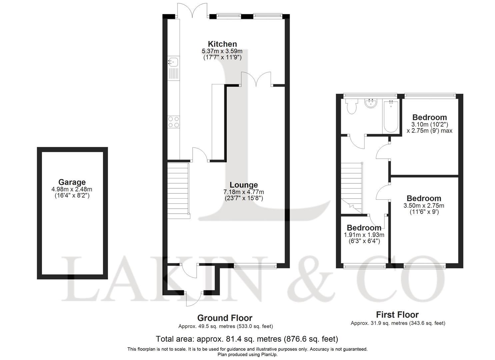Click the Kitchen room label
tap(222, 44)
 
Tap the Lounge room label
tap(244, 185)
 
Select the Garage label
tap(72, 182)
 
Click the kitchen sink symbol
tap(173, 62)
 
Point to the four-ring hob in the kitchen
tap(173, 122)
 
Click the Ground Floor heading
tap(225, 318)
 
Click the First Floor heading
tap(397, 315)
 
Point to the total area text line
tap(247, 339)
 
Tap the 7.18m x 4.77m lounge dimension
tap(244, 192)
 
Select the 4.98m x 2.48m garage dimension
tap(72, 189)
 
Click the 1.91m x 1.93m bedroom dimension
tap(364, 235)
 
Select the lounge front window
tap(255, 266)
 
